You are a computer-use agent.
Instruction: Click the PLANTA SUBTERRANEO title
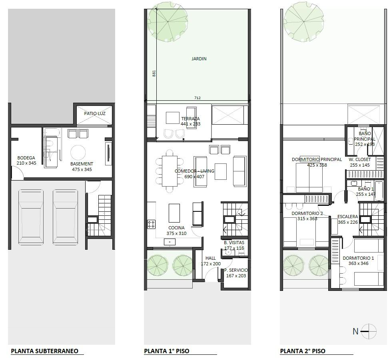pos(44,351)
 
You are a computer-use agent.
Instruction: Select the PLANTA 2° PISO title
pos(303,351)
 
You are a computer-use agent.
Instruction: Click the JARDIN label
pos(199,59)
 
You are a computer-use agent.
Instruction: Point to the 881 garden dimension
pos(154,73)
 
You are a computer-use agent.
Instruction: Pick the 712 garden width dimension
pos(197,98)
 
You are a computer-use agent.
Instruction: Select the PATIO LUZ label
pos(94,113)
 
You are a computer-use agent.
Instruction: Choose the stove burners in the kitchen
pos(151,224)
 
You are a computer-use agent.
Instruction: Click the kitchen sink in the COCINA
pos(170,242)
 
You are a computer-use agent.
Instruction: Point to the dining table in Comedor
pos(170,171)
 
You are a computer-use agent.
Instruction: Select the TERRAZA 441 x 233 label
pos(191,121)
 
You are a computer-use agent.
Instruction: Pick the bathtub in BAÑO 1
pos(379,191)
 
